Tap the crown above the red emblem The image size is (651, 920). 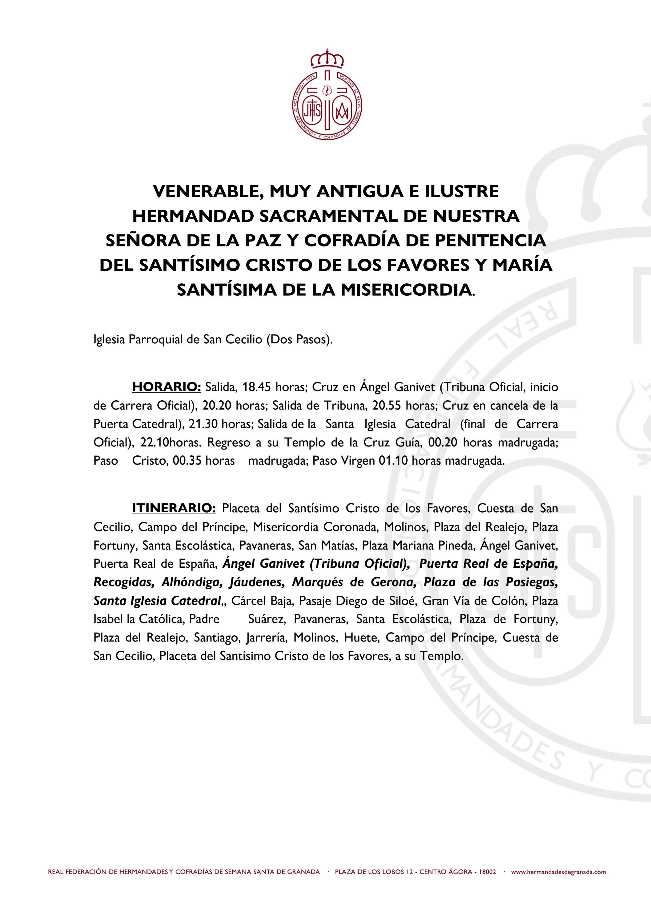pos(328,59)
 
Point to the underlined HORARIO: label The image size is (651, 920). pos(166,387)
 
